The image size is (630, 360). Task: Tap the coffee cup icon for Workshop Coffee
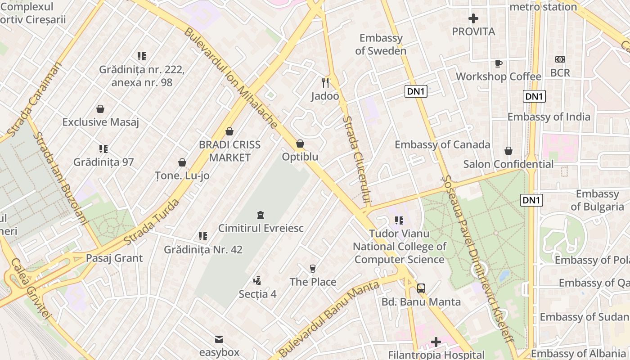498,63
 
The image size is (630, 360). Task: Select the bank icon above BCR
560,59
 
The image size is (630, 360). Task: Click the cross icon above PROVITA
473,18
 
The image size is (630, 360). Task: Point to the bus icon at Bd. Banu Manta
421,288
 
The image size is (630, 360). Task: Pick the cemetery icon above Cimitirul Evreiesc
260,215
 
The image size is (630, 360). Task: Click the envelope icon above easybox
219,339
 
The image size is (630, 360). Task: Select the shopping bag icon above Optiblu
300,144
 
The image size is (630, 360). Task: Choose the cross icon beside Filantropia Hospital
436,342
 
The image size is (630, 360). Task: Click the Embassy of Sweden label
381,45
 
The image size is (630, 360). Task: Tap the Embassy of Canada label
442,144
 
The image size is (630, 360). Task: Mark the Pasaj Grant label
114,258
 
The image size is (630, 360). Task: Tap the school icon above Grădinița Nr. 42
203,236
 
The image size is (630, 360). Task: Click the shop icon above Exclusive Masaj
100,109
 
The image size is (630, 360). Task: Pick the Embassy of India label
549,117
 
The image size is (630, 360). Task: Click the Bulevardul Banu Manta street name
328,318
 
